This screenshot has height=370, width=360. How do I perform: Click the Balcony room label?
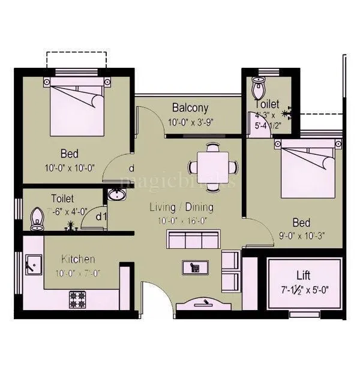click(190, 108)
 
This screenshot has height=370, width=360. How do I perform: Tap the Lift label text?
click(304, 276)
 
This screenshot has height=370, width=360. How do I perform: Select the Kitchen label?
click(78, 259)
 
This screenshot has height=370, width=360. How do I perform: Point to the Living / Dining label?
click(181, 207)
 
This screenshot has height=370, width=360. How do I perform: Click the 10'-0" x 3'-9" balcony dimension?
click(190, 122)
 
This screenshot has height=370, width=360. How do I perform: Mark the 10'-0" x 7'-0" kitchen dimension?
click(78, 273)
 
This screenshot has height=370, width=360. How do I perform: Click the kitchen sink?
click(32, 264)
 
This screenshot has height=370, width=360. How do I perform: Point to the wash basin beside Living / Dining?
click(116, 195)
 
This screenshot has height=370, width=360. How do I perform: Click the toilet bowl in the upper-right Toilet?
click(259, 90)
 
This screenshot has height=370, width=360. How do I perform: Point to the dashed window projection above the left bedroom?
click(76, 60)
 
